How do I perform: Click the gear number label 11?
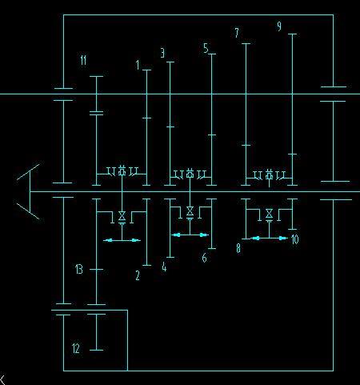(x=83, y=60)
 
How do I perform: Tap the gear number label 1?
(x=138, y=65)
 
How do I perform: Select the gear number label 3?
(x=162, y=53)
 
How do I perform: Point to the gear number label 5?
(x=206, y=48)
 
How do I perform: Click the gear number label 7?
(x=237, y=33)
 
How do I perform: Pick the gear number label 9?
(x=279, y=26)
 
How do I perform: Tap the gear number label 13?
(x=79, y=269)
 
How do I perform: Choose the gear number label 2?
(x=138, y=275)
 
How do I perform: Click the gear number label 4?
(x=164, y=267)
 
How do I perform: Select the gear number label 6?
(x=204, y=258)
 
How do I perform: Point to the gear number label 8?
(x=238, y=248)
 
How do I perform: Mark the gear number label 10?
(x=294, y=239)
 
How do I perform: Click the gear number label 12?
(x=76, y=348)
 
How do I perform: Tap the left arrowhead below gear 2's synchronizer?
(x=108, y=240)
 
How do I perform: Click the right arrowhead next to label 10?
(x=283, y=238)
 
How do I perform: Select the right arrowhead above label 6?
(x=204, y=235)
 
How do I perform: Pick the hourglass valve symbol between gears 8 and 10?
(x=270, y=214)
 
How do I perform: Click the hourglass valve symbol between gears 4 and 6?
(x=190, y=211)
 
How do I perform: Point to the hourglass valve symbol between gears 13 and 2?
(x=122, y=215)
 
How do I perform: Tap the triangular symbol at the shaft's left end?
(x=28, y=191)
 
